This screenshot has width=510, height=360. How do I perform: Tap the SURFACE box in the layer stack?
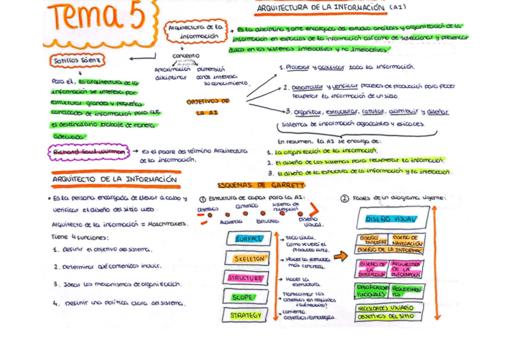(x=248, y=239)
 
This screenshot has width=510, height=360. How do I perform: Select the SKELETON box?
(x=249, y=258)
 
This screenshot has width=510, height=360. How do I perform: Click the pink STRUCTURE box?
(x=244, y=278)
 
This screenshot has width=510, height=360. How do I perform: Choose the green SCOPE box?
(x=242, y=297)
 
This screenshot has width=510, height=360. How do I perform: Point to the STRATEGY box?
(x=245, y=315)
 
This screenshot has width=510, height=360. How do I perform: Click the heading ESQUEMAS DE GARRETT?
(x=261, y=185)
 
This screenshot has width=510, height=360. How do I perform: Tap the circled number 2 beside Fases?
(x=345, y=198)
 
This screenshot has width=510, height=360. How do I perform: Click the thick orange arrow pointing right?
(x=340, y=256)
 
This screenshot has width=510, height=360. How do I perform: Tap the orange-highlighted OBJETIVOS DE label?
(x=208, y=102)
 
